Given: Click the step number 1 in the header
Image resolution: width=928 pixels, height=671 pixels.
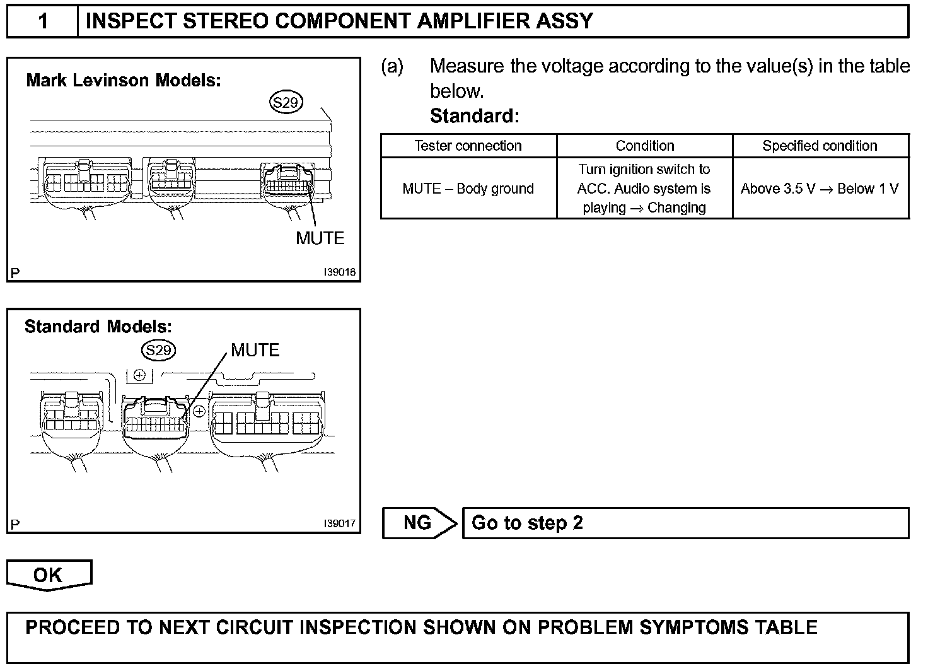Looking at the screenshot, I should [43, 21].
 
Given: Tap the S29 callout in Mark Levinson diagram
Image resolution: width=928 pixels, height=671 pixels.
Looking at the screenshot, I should [286, 102].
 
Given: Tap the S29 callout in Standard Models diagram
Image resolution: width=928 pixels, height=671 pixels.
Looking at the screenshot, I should [158, 350].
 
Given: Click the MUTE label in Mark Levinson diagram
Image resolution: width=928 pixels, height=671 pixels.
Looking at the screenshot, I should [320, 238].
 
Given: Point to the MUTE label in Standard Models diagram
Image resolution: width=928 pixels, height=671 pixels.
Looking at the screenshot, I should [255, 350].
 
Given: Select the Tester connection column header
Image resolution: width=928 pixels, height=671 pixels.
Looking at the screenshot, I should [468, 146].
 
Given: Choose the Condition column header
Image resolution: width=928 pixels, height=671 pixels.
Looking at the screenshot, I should [644, 146].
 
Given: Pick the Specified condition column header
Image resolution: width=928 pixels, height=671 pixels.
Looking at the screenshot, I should [820, 146].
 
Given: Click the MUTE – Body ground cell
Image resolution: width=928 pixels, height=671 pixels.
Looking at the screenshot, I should [468, 189].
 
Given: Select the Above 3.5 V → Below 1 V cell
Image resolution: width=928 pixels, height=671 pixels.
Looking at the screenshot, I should [820, 189].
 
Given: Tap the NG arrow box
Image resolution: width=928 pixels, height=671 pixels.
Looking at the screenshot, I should [419, 523].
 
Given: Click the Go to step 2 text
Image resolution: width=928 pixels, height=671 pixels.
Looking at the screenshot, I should [527, 523].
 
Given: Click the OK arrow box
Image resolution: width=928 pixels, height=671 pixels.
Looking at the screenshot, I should [49, 575].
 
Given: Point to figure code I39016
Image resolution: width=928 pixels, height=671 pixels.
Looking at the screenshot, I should [339, 272].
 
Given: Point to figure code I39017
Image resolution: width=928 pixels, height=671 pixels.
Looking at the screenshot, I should [339, 523].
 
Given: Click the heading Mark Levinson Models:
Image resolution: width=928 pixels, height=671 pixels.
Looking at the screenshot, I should [124, 81].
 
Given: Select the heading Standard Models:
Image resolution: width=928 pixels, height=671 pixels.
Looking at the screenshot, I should [98, 327].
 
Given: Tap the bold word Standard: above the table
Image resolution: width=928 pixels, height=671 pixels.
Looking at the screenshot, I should [474, 116].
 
